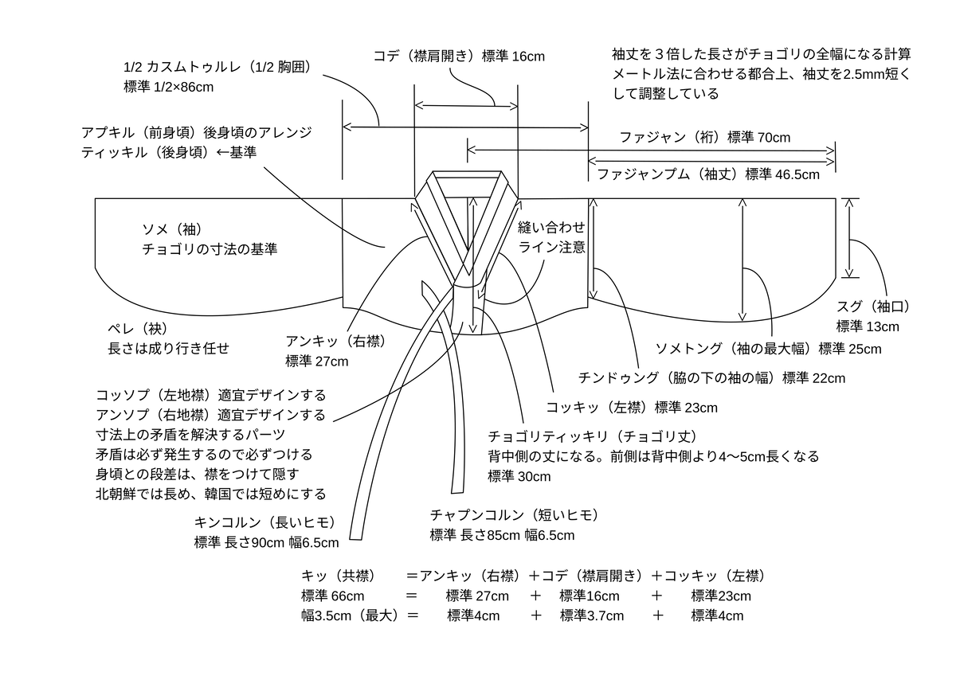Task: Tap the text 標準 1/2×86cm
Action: click(x=169, y=87)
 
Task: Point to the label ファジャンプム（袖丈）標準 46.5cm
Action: click(x=707, y=174)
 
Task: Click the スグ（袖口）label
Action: click(x=873, y=307)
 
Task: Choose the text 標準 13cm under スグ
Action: click(x=868, y=326)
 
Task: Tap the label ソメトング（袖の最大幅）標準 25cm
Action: click(x=768, y=349)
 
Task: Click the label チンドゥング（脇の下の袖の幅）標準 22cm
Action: click(x=711, y=377)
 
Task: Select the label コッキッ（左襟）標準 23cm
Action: click(x=631, y=408)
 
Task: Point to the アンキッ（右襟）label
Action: click(x=335, y=342)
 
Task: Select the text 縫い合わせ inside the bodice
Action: click(x=551, y=228)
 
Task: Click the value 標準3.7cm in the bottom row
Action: click(x=592, y=615)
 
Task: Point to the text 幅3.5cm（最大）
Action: click(x=350, y=615)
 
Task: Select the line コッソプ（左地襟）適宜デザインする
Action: click(x=211, y=396)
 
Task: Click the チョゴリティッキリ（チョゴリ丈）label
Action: click(x=593, y=437)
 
